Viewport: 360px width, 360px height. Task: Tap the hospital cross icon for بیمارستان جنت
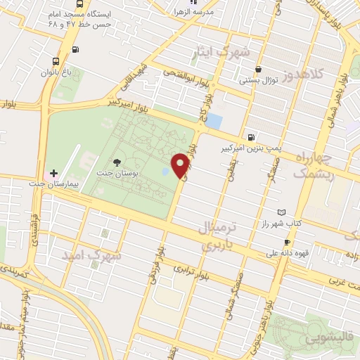[54, 173]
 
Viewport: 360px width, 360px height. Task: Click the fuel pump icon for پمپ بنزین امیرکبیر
[251, 137]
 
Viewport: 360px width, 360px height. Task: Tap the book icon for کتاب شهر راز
[282, 212]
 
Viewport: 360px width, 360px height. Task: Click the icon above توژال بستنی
[259, 69]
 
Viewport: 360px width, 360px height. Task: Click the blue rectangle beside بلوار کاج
[214, 121]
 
